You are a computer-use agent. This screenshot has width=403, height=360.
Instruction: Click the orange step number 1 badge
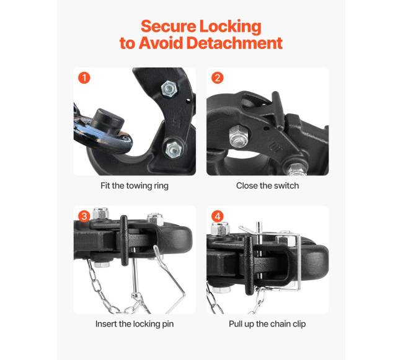click(84, 77)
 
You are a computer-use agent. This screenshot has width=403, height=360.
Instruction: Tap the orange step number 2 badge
click(218, 77)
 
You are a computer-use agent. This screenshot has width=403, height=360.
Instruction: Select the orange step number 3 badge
click(84, 216)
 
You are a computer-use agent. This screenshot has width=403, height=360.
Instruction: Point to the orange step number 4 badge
click(218, 216)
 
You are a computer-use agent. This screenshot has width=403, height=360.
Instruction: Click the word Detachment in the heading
click(234, 43)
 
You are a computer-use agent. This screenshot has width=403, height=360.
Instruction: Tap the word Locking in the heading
click(230, 27)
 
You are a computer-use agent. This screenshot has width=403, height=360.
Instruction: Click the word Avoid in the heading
click(161, 43)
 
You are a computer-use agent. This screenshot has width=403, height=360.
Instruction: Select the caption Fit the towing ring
click(135, 186)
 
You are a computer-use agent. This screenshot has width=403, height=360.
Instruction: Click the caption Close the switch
click(268, 185)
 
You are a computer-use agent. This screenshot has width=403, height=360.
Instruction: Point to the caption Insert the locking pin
click(135, 324)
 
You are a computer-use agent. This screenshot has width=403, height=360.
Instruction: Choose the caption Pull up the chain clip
click(267, 324)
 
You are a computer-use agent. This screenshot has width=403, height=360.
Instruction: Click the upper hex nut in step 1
click(170, 89)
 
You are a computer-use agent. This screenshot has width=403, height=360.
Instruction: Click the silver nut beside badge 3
click(100, 213)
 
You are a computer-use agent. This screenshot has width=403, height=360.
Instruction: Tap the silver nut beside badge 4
click(220, 229)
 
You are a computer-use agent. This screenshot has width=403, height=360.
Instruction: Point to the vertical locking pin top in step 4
click(259, 227)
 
